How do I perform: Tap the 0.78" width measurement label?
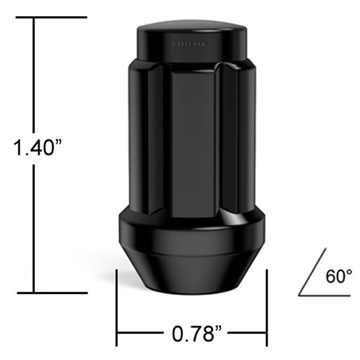click(193, 333)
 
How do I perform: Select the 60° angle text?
click(338, 277)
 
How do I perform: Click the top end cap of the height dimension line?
click(50, 18)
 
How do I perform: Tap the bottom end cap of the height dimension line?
click(50, 293)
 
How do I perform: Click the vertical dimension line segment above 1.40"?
click(34, 72)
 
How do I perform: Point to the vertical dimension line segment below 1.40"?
click(34, 228)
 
